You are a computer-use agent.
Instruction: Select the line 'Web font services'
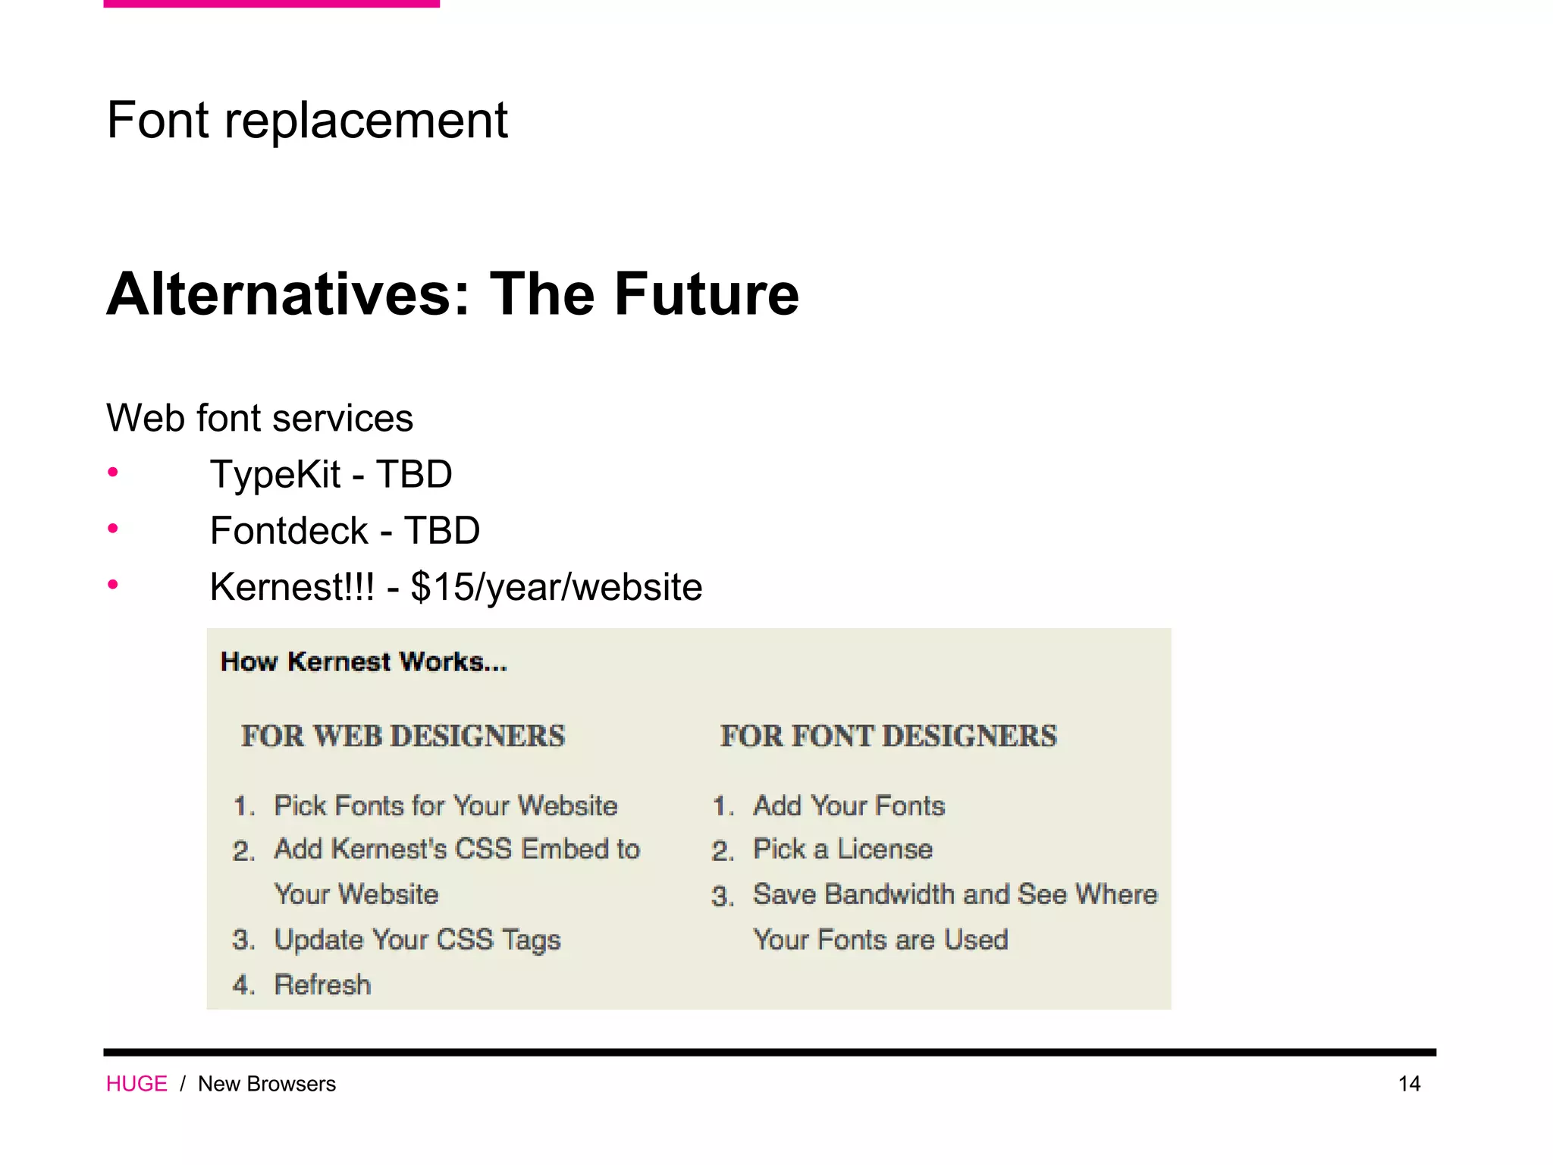259,418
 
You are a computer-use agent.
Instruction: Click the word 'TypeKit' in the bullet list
275,475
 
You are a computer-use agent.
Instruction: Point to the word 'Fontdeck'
289,530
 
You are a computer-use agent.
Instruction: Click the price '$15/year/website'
556,587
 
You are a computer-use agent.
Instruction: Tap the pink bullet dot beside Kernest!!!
113,584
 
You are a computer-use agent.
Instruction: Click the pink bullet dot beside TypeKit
113,473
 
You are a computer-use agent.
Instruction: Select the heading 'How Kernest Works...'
363,661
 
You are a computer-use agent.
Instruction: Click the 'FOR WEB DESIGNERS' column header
403,736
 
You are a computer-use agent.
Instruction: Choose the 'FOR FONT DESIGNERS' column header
888,736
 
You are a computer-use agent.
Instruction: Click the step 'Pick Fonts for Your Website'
445,805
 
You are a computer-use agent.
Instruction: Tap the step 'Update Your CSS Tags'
417,940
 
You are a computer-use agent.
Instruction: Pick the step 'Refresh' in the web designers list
322,984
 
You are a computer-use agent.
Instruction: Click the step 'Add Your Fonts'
849,805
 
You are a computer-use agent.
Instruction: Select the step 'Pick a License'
842,849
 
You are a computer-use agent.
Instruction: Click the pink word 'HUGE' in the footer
136,1084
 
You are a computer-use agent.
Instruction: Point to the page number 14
1409,1084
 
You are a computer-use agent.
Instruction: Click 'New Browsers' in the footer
267,1084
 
